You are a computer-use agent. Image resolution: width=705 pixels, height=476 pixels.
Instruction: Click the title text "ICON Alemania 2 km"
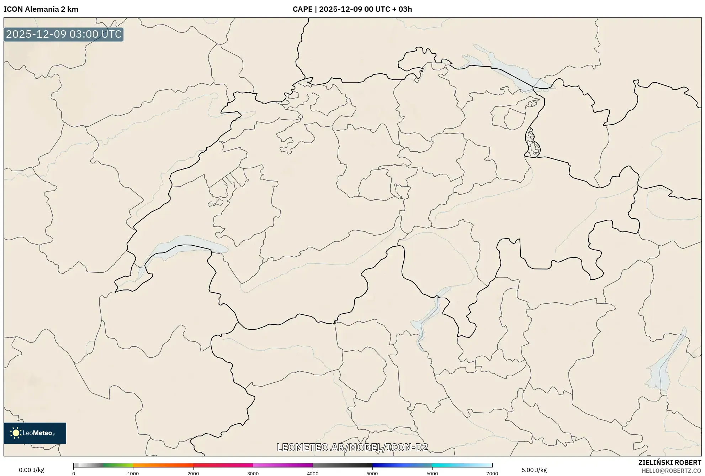41,9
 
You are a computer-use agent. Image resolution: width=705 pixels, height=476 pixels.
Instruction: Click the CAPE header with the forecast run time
352,9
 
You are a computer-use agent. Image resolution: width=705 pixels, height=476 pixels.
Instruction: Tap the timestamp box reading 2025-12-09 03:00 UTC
64,35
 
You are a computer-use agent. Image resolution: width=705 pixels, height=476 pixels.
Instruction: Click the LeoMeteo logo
35,433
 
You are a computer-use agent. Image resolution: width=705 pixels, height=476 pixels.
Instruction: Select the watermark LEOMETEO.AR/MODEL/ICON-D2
352,447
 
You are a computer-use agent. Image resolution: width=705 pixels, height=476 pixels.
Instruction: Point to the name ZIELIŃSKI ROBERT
669,462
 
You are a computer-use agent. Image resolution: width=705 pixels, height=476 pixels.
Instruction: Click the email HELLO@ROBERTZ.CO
671,471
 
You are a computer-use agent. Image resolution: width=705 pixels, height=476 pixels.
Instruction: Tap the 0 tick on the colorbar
74,474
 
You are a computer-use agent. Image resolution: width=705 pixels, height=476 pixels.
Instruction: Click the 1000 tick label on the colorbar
133,474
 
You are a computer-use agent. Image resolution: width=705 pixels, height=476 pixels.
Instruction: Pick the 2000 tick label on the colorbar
193,474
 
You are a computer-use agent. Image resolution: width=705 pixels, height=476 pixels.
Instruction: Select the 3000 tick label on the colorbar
253,474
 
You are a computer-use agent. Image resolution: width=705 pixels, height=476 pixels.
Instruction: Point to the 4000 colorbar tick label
313,474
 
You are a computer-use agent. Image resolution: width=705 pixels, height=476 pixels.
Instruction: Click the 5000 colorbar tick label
372,474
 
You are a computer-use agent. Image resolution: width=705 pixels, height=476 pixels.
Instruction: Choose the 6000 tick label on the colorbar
432,474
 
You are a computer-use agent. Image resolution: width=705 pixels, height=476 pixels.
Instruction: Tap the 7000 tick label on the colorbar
492,474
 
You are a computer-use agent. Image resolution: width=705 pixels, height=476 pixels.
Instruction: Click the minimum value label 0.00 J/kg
32,470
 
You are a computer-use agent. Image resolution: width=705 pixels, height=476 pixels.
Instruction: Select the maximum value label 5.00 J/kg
534,470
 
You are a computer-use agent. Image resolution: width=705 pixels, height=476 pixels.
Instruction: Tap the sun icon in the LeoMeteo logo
16,433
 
